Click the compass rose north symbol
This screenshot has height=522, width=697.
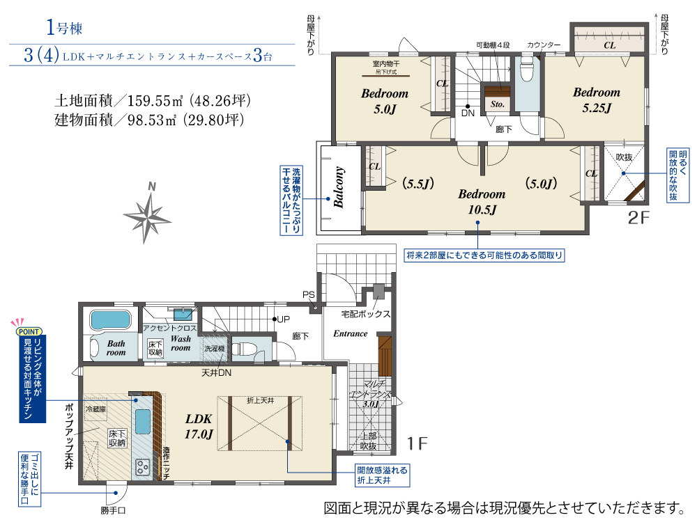click(x=146, y=214)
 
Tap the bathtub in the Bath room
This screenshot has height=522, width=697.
click(x=111, y=320)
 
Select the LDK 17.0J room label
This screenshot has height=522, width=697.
click(x=198, y=426)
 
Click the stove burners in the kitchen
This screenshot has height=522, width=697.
click(x=143, y=467)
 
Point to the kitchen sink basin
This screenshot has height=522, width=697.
click(x=143, y=422)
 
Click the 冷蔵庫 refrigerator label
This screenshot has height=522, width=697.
click(x=96, y=409)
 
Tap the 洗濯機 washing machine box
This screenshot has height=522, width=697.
click(x=215, y=349)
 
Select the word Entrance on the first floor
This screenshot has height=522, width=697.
click(x=351, y=333)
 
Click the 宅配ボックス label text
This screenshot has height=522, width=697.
click(x=365, y=314)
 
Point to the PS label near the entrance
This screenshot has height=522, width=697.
click(x=309, y=294)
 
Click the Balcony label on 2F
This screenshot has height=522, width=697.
click(x=339, y=187)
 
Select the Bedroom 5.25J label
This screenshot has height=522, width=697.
click(x=597, y=100)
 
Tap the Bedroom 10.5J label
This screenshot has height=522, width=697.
click(x=482, y=202)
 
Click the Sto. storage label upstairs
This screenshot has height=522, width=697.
click(x=498, y=104)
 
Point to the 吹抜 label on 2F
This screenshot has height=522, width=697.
click(x=624, y=157)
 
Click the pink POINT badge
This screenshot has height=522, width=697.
click(x=29, y=331)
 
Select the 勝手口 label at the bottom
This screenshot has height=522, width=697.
click(x=114, y=510)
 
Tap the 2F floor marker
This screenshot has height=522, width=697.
click(x=638, y=217)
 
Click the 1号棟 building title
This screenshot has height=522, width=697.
click(x=64, y=28)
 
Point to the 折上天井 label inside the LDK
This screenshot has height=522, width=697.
click(x=261, y=400)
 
